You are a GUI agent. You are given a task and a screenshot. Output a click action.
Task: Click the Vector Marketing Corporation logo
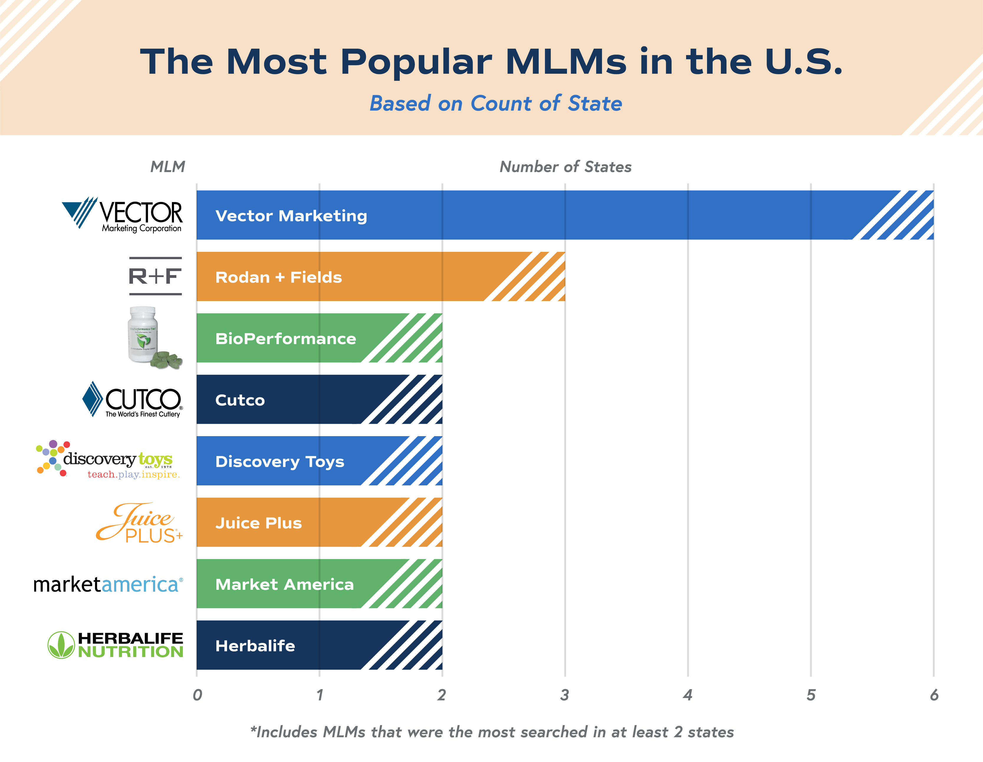122,215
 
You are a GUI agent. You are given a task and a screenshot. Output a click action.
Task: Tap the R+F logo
155,276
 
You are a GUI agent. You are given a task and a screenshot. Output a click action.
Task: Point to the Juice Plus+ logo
139,523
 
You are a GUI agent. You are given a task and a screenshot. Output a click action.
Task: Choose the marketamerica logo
108,584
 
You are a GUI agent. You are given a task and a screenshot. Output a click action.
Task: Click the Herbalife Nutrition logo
116,645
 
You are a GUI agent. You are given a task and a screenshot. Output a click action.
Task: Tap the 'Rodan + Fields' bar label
279,277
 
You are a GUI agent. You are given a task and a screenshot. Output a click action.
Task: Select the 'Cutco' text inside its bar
240,400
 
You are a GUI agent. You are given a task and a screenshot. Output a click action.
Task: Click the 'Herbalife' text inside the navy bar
255,646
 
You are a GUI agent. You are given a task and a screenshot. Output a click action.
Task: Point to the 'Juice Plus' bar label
258,523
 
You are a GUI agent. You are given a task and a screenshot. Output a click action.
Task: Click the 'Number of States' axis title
565,167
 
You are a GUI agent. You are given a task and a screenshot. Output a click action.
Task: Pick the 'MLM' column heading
167,167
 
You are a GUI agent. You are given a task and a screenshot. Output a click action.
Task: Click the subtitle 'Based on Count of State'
496,104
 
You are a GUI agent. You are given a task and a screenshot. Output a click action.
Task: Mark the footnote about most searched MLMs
492,732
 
